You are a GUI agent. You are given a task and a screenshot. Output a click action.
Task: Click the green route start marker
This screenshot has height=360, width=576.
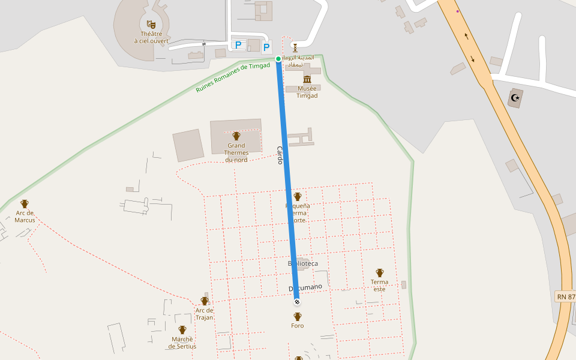pos(278,58)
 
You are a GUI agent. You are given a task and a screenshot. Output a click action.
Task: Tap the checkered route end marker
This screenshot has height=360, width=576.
pos(297,302)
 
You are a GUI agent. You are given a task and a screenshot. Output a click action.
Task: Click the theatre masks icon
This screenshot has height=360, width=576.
pos(152,24)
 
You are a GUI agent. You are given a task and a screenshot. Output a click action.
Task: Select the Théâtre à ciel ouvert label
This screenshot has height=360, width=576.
pos(152,37)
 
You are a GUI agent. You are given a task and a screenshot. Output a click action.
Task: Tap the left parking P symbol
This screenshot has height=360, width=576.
pos(238,45)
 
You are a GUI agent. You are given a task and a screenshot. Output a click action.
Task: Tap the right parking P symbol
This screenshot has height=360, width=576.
pos(266,46)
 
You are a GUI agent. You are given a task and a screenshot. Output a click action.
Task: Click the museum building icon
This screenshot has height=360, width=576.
pos(307,80)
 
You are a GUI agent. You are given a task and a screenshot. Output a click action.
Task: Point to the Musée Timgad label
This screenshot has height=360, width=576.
pos(307,92)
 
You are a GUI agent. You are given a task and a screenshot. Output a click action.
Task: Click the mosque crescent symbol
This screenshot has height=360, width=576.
pos(514,97)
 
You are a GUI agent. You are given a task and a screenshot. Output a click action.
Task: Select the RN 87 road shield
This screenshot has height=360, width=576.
pos(565,296)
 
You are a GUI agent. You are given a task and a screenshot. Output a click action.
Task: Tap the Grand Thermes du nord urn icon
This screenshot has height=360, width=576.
pos(236,136)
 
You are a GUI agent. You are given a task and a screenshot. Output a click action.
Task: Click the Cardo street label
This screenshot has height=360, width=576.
pos(280,155)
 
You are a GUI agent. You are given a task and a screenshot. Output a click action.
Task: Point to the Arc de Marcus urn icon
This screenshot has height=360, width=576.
pos(25,204)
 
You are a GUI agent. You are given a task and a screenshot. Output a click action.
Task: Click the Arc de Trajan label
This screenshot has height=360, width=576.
pos(204,314)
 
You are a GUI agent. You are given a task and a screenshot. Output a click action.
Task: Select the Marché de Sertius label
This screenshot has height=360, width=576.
pos(182,343)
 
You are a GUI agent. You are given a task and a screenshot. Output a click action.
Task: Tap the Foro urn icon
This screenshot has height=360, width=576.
pos(298,316)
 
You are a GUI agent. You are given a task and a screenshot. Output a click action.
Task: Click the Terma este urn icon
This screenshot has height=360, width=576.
pos(379,273)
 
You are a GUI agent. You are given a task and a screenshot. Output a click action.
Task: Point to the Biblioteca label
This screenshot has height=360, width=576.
pos(303,263)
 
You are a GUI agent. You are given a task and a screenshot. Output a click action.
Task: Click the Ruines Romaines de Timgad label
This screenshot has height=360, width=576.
pos(233,78)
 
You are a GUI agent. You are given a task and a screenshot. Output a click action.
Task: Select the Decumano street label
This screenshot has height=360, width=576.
pos(305,288)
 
